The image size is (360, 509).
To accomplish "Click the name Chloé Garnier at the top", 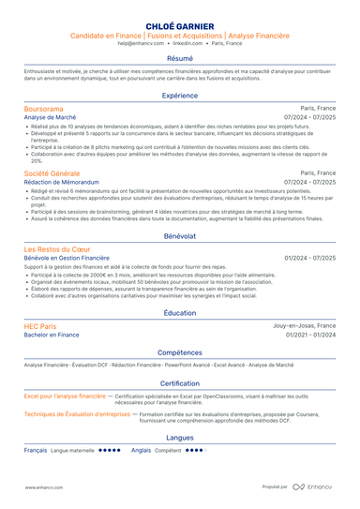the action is (x=180, y=24).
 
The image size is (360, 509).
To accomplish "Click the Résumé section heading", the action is (x=180, y=58).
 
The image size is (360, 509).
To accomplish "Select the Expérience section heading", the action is (x=180, y=96).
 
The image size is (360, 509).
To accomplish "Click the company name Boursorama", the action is (x=44, y=110).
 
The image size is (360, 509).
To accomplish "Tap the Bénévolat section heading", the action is (x=180, y=237).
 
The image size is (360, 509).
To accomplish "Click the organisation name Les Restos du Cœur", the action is (x=57, y=250).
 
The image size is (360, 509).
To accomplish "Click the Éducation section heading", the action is (x=180, y=313).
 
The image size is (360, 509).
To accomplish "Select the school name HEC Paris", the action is (x=39, y=326).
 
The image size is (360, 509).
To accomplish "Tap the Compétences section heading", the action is (x=180, y=352).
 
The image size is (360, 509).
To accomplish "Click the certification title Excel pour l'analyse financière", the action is (x=66, y=397).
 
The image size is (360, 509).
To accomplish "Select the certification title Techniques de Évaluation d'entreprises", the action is (x=77, y=413).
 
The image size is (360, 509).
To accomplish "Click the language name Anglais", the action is (x=142, y=450).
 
